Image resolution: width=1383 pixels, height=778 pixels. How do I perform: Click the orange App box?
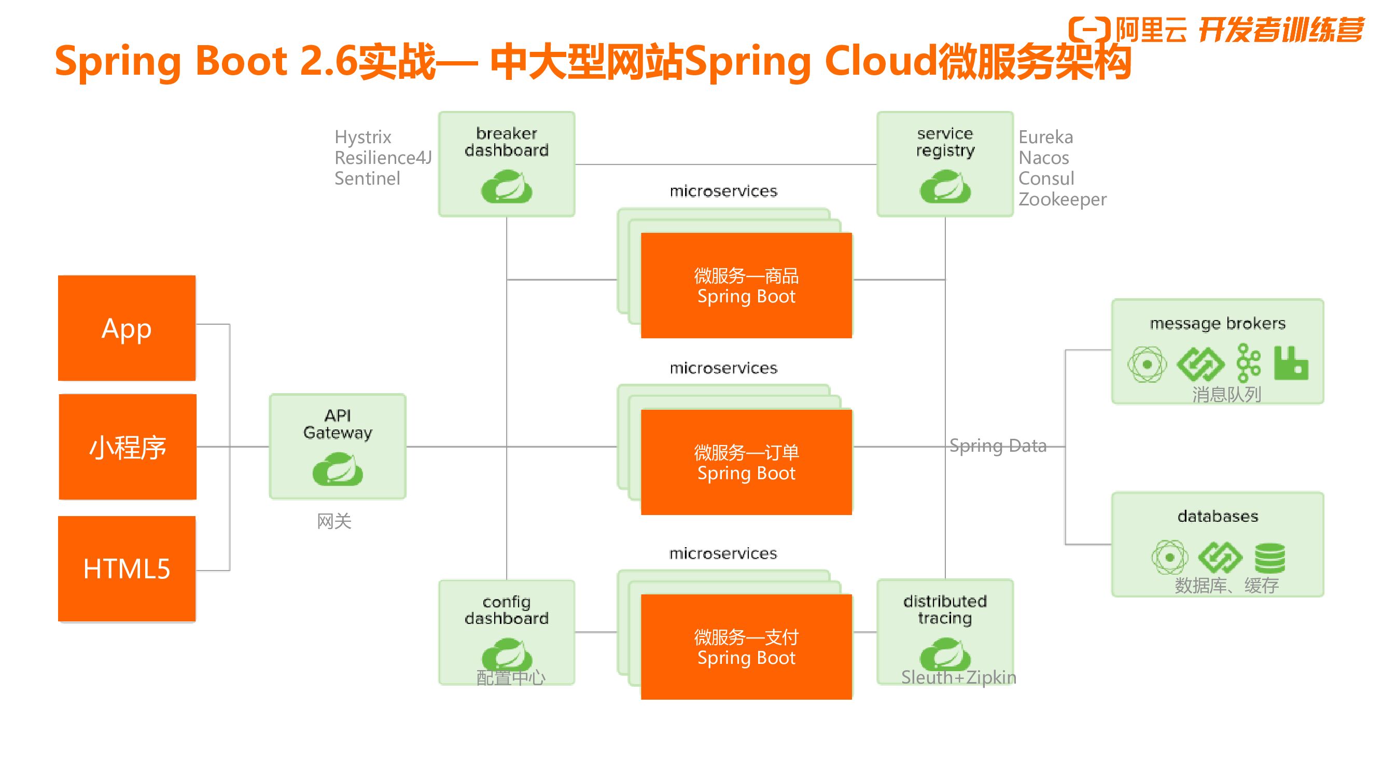pos(127,328)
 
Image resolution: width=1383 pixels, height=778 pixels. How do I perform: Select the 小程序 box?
pos(127,447)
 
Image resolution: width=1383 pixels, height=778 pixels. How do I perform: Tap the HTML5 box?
pos(127,568)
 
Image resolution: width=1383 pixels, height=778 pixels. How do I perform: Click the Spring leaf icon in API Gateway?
pos(338,469)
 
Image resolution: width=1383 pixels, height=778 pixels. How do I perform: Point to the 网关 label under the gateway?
pos(334,521)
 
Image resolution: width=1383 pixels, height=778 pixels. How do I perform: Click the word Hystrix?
pos(363,137)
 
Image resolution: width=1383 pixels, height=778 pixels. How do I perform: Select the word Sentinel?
pos(367,178)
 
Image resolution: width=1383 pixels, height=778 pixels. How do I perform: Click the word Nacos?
pos(1044,158)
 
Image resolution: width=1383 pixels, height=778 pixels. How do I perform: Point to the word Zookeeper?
pos(1062,199)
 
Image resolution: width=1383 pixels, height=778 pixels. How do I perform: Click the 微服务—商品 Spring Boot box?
pos(746,286)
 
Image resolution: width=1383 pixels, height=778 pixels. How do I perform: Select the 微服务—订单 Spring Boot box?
pos(746,462)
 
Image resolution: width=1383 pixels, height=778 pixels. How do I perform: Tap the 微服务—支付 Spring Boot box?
pos(746,647)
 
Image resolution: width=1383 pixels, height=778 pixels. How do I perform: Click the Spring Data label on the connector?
pos(998,446)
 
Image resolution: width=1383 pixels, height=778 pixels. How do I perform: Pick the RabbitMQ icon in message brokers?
pos(1291,364)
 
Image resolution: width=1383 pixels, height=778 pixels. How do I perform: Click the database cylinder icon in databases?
pos(1270,558)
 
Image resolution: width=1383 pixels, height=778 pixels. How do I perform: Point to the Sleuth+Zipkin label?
pos(958,677)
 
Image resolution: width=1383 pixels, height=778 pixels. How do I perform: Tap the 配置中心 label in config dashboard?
pos(511,678)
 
